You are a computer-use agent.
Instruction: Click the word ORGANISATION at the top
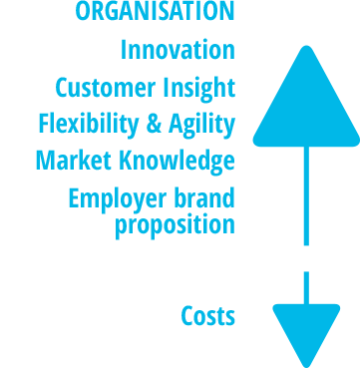[x=155, y=12]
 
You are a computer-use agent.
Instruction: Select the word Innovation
[x=178, y=50]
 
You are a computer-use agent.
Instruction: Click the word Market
[x=68, y=161]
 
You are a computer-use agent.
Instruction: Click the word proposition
[x=176, y=224]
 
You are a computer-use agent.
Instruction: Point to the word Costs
[x=207, y=317]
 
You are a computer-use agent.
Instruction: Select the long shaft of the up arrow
[x=305, y=194]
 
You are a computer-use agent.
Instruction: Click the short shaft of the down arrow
[x=305, y=286]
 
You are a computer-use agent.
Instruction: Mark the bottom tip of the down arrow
[x=305, y=364]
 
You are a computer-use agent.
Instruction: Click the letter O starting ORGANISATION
[x=83, y=12]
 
